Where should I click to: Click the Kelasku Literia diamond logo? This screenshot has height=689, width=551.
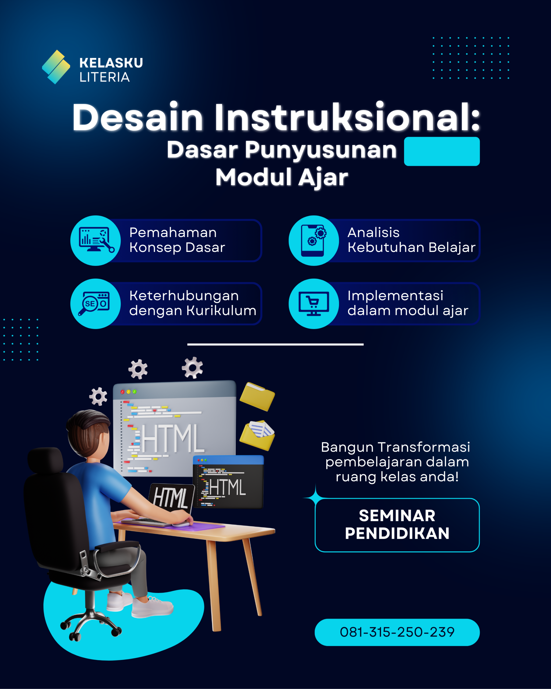coord(56,67)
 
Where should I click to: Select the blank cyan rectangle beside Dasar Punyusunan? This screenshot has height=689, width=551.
coord(442,152)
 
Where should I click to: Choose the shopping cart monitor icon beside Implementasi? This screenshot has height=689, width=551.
coord(314,304)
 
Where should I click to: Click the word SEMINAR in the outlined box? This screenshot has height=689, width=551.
coord(397,516)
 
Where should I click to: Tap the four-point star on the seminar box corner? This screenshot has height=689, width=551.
coord(316,498)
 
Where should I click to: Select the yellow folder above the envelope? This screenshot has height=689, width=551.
coord(257,396)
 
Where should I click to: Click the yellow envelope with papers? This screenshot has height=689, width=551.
coord(257,435)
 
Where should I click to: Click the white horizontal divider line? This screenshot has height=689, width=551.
coord(275,344)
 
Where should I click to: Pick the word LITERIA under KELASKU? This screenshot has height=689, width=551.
coord(104,77)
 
